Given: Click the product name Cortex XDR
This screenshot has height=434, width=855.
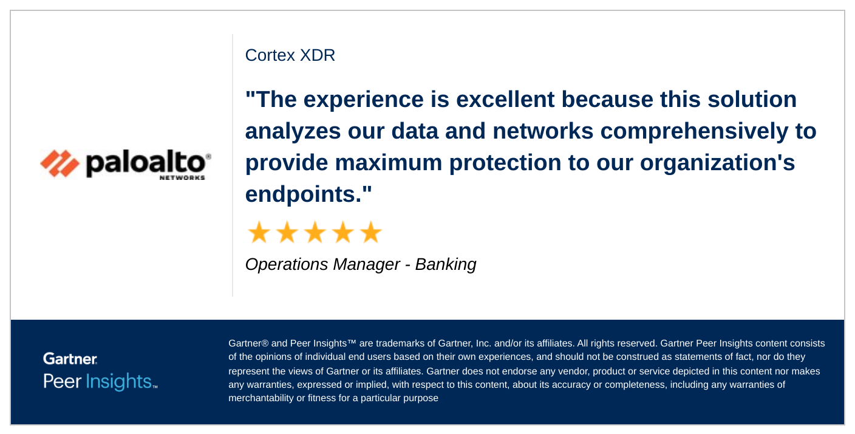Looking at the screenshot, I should (x=290, y=55).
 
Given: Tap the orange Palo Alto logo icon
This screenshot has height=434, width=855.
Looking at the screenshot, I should (x=60, y=163).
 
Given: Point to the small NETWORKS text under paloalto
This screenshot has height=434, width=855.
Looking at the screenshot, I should (x=182, y=178).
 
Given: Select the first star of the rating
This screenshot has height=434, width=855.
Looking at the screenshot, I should (x=259, y=232).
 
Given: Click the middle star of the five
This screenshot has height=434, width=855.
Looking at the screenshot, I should (x=315, y=232).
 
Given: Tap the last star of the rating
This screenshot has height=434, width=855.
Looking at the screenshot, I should (x=370, y=232).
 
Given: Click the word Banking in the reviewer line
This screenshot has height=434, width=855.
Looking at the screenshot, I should (x=446, y=264).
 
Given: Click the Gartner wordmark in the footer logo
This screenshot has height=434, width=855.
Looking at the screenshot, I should (x=70, y=359).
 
